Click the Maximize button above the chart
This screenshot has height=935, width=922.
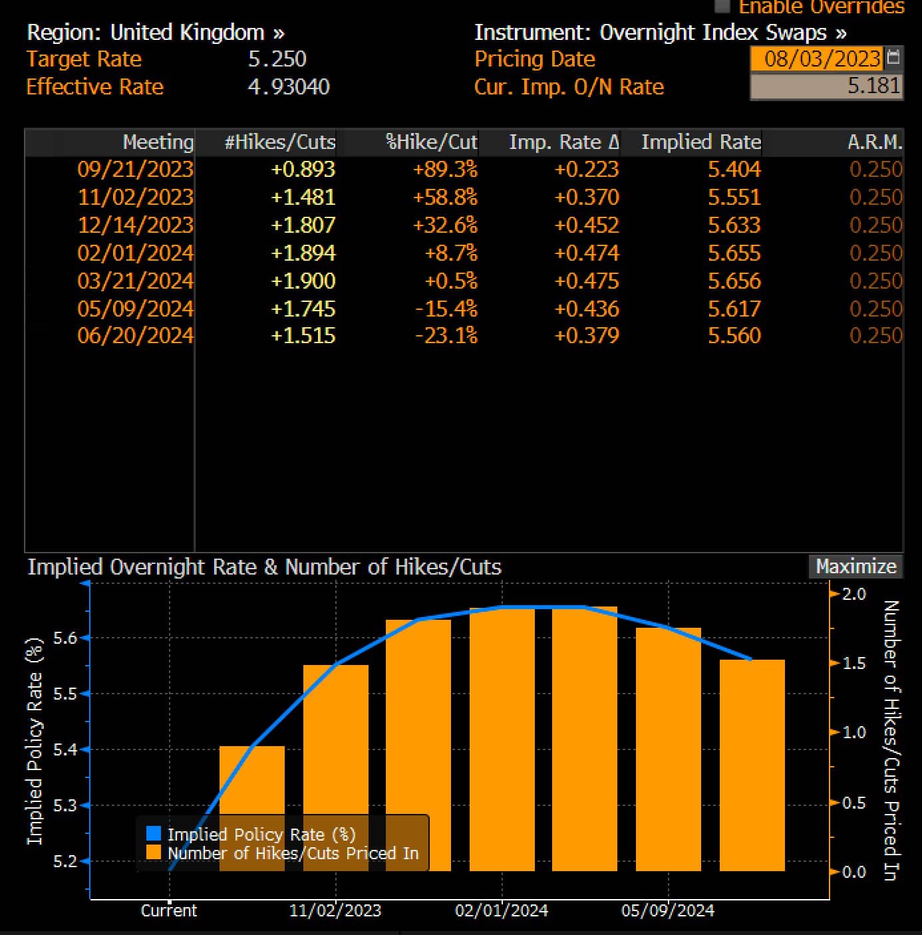pyautogui.click(x=855, y=567)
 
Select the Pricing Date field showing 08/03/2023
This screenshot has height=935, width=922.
pyautogui.click(x=822, y=59)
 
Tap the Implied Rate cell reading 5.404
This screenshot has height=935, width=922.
pyautogui.click(x=734, y=170)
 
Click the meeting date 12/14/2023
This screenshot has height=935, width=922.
pyautogui.click(x=136, y=225)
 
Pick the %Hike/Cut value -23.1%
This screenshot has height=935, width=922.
pyautogui.click(x=446, y=335)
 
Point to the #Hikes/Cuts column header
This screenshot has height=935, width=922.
pyautogui.click(x=279, y=142)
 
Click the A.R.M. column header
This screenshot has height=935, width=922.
pyautogui.click(x=875, y=142)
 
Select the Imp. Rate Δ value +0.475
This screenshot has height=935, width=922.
pyautogui.click(x=586, y=281)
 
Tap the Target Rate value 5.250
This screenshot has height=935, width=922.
pyautogui.click(x=277, y=59)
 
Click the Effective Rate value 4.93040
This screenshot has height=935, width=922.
pyautogui.click(x=288, y=87)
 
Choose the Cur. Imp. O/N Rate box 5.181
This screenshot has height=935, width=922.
pyautogui.click(x=826, y=86)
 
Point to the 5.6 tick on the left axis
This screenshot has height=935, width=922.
pyautogui.click(x=65, y=638)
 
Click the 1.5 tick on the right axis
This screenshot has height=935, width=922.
pyautogui.click(x=853, y=664)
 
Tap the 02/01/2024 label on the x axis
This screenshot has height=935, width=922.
pyautogui.click(x=501, y=910)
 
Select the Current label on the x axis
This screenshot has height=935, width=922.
pyautogui.click(x=169, y=910)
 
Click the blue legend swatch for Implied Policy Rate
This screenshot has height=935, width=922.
pyautogui.click(x=153, y=834)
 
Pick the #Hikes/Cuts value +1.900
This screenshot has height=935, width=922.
pyautogui.click(x=303, y=281)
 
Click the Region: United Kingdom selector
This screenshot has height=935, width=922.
pyautogui.click(x=156, y=33)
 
